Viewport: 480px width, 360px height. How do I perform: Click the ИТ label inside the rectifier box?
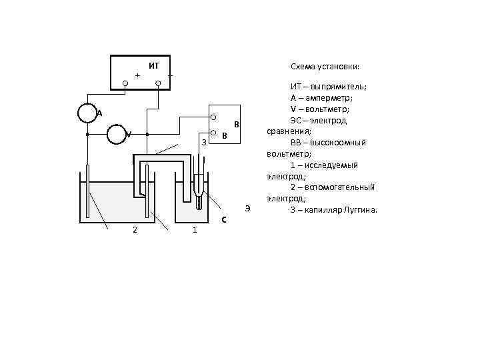[x=154, y=65]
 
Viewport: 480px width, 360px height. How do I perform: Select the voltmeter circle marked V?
[x=118, y=134]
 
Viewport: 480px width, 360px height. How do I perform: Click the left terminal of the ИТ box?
[x=125, y=84]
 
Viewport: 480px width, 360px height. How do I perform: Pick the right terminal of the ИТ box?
[x=158, y=84]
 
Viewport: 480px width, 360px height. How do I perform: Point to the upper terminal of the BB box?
[x=213, y=118]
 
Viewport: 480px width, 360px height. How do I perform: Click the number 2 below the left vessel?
[x=135, y=230]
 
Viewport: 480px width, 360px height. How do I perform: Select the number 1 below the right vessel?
[x=194, y=230]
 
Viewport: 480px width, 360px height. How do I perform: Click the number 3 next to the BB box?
[x=204, y=141]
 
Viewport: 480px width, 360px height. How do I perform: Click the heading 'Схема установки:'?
[x=325, y=67]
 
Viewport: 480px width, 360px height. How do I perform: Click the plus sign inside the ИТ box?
[x=138, y=75]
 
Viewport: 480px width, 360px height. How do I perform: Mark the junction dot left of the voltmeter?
[x=87, y=134]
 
